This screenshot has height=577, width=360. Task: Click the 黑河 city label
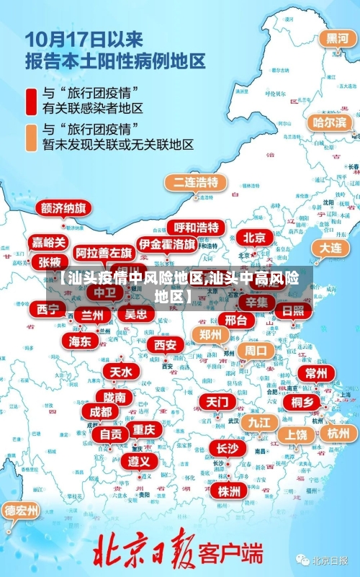pos(337,38)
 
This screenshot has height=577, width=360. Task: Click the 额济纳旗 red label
pos(63,208)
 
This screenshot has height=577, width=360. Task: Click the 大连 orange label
pos(331,247)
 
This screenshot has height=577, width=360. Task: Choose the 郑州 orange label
pos(211,334)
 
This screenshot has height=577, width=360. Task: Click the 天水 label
pos(120,372)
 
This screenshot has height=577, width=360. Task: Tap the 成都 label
pos(101,411)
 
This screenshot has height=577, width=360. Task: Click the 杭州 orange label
pos(338,433)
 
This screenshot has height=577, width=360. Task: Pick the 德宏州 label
pos(22,511)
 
